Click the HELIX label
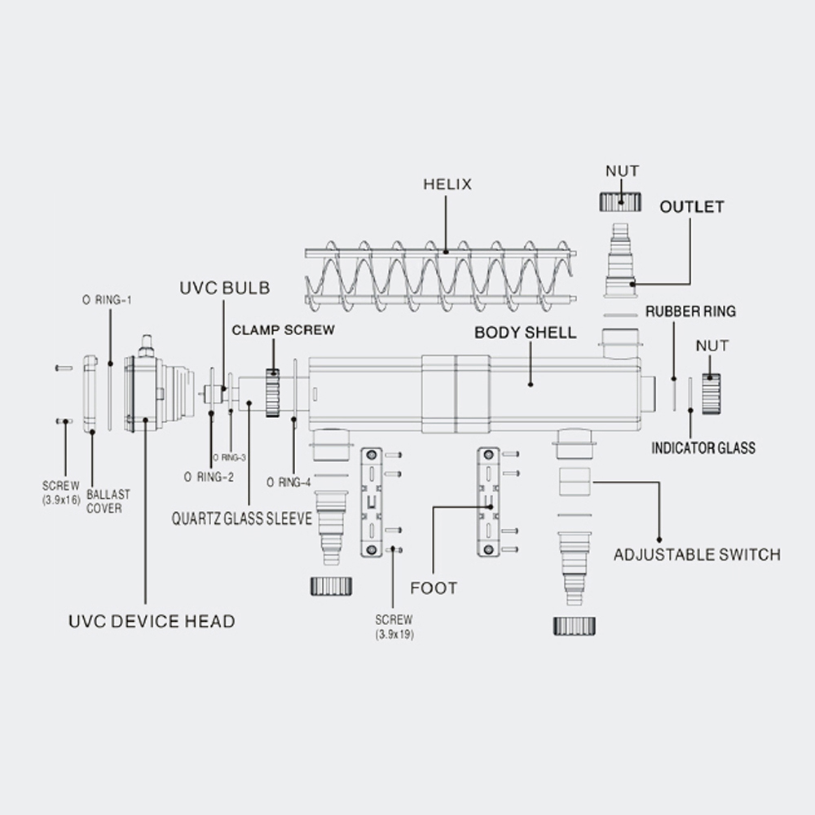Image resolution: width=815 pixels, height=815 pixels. tap(447, 184)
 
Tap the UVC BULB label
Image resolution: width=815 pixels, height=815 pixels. tap(225, 288)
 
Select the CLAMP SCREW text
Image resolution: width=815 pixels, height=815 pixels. tap(284, 330)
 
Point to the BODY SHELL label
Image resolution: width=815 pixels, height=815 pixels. tap(526, 333)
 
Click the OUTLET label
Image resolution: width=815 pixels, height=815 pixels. tap(692, 207)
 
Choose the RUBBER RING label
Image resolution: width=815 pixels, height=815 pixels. tap(691, 311)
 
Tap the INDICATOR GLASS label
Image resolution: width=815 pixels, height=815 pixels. tap(703, 448)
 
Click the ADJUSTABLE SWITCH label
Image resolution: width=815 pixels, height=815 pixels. tap(697, 554)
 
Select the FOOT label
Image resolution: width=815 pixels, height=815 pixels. tap(434, 588)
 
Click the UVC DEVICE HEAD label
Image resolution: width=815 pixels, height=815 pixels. tap(152, 621)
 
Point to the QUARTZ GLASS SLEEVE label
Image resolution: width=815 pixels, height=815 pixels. tap(242, 518)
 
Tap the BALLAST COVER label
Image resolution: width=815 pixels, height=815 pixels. tap(108, 501)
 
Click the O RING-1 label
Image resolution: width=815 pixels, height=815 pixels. tap(107, 300)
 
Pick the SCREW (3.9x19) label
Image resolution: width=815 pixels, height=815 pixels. tap(394, 627)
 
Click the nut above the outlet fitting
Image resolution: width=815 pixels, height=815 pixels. tap(620, 201)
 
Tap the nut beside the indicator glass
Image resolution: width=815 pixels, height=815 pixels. tap(711, 394)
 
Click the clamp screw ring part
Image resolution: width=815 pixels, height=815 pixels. tap(272, 393)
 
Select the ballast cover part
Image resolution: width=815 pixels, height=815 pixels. tap(91, 394)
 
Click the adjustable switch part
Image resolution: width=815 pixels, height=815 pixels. tap(575, 482)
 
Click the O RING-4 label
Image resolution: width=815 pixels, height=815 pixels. tap(289, 482)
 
